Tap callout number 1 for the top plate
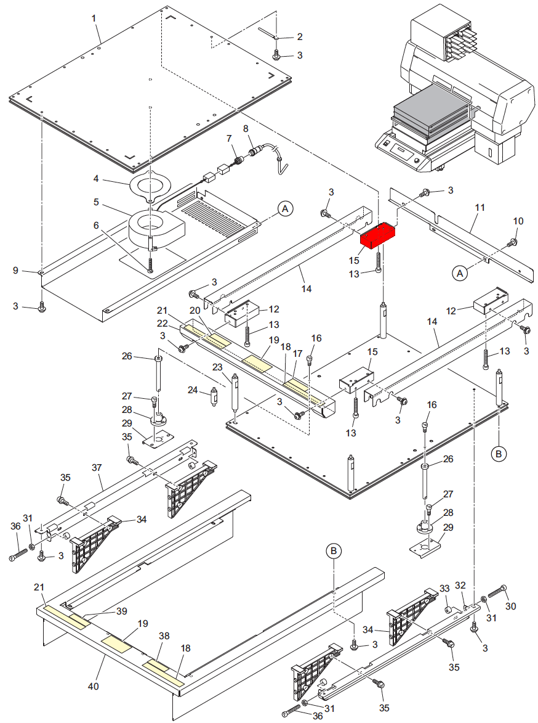coord(94,18)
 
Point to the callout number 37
coord(96,468)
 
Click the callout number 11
coord(480,208)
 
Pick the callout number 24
coord(193,390)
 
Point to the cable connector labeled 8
coord(254,151)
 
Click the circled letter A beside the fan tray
coord(284,210)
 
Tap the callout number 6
coord(96,226)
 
